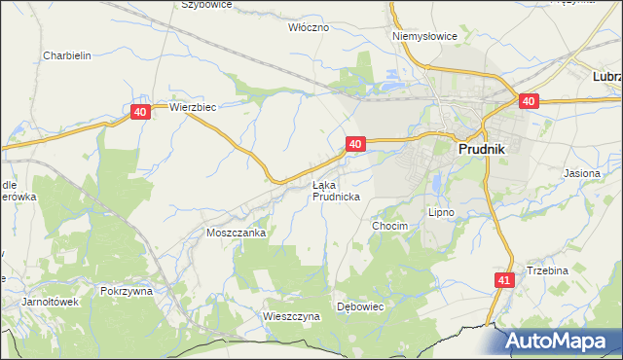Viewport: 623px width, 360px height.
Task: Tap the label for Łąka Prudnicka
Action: (x=336, y=190)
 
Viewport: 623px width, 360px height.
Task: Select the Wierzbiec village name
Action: (x=192, y=107)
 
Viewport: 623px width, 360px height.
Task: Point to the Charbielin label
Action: (x=67, y=55)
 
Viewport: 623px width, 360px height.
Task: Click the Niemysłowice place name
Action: (x=424, y=36)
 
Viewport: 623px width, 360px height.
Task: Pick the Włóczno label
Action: (x=310, y=27)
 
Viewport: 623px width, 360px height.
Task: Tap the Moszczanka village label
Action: (x=236, y=234)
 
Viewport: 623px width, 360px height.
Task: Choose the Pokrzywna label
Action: (x=128, y=291)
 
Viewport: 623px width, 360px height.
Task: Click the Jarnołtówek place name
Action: (x=50, y=302)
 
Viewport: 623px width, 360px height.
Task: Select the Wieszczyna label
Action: (x=291, y=316)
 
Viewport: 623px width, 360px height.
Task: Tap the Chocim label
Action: (x=389, y=225)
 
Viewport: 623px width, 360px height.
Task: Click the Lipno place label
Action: (x=442, y=211)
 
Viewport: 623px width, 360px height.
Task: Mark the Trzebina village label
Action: (x=547, y=270)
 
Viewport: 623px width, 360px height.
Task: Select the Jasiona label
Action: (x=582, y=172)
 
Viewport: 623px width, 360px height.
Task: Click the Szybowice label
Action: (x=206, y=5)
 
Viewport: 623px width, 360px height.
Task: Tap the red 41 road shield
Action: (x=502, y=280)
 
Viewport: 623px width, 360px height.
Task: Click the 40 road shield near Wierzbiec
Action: (x=141, y=113)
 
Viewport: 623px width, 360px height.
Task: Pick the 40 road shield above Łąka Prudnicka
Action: (x=355, y=144)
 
